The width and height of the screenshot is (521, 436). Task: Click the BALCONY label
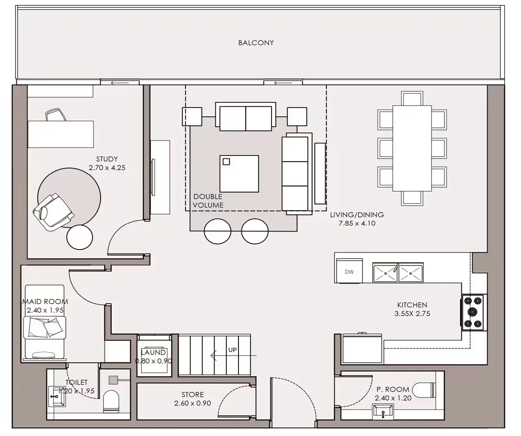tap(256, 43)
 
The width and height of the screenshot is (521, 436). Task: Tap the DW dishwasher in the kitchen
tap(349, 271)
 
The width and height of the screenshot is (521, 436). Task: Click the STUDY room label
tap(107, 159)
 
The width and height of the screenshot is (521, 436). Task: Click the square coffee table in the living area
tap(239, 174)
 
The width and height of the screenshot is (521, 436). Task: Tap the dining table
tap(412, 148)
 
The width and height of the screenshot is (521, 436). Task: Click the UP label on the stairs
tap(232, 350)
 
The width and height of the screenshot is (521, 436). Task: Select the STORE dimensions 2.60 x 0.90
tap(193, 403)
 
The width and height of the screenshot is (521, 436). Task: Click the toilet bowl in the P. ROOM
tap(424, 389)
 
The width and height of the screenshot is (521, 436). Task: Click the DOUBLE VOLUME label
tap(208, 201)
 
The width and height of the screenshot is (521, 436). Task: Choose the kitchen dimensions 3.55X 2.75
tap(412, 314)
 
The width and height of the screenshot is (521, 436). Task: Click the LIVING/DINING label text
tap(357, 215)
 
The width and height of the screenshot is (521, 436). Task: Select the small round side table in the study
tap(80, 237)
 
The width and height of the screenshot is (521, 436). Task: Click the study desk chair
tap(55, 114)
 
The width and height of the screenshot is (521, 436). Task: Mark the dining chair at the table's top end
tap(412, 99)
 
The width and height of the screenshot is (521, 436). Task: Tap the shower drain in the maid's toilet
tap(114, 380)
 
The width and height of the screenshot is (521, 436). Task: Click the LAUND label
tap(153, 353)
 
